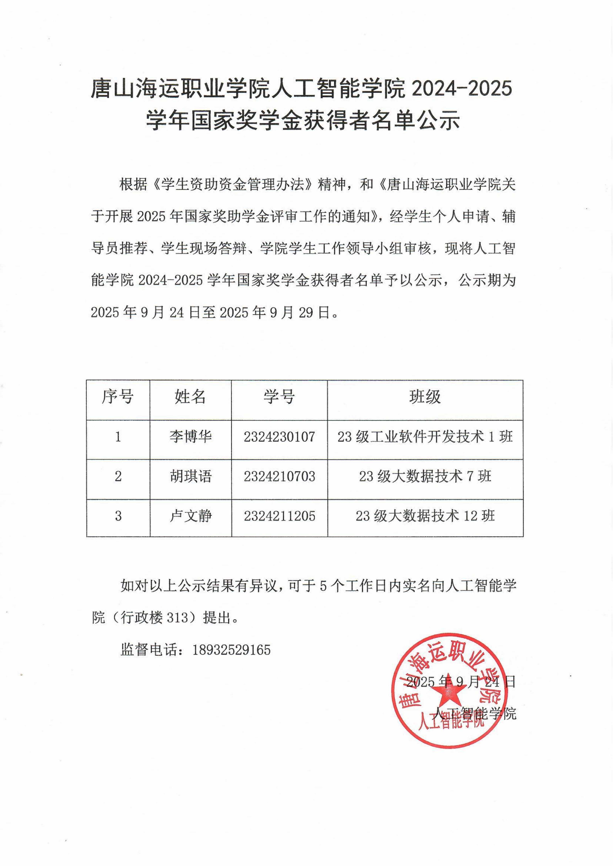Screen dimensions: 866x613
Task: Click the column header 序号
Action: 118,397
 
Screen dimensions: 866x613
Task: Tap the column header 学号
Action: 279,397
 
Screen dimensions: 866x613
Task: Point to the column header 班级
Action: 425,397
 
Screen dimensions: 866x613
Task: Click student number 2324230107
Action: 279,437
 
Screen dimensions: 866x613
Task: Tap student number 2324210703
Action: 279,476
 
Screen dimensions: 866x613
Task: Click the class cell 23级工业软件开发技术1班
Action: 425,437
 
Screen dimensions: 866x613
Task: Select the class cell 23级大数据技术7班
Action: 425,476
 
